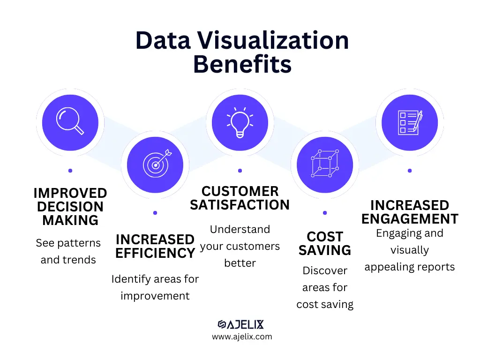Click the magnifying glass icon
pyautogui.click(x=70, y=122)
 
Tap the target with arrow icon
pyautogui.click(x=155, y=165)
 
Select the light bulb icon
pyautogui.click(x=240, y=122)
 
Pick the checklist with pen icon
pyautogui.click(x=410, y=122)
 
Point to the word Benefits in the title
pyautogui.click(x=242, y=64)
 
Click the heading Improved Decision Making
pyautogui.click(x=70, y=207)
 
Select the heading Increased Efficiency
pyautogui.click(x=155, y=247)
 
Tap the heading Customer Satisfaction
pyautogui.click(x=240, y=198)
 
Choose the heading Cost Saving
pyautogui.click(x=325, y=243)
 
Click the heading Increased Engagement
pyautogui.click(x=410, y=212)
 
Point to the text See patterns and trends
pyautogui.click(x=68, y=251)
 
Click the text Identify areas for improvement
pyautogui.click(x=155, y=287)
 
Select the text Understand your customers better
pyautogui.click(x=240, y=246)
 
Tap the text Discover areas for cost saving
pyautogui.click(x=325, y=287)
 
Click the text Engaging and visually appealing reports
pyautogui.click(x=410, y=250)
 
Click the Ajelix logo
pyautogui.click(x=241, y=324)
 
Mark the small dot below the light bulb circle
pyautogui.click(x=240, y=171)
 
